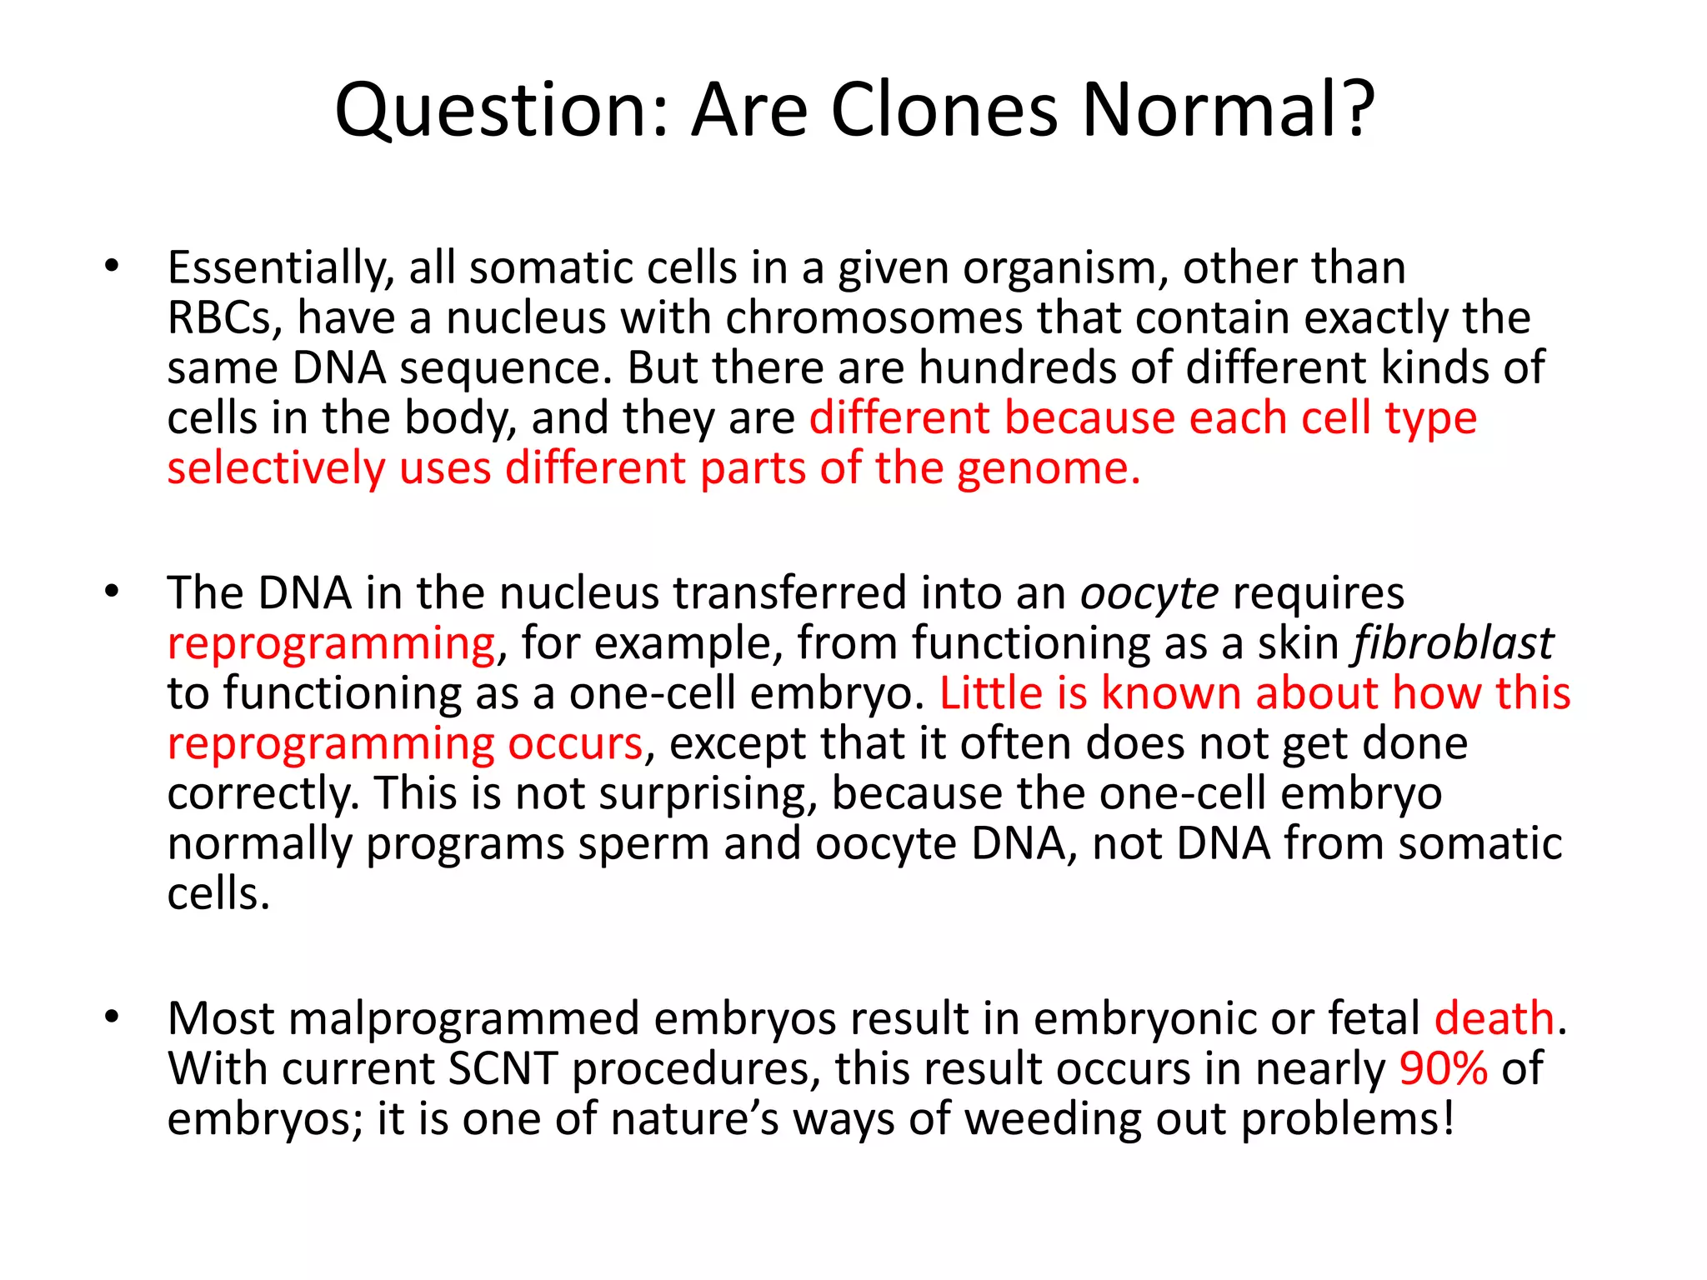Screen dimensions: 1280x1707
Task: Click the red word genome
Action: click(x=1047, y=468)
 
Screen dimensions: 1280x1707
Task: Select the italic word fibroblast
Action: click(x=1453, y=643)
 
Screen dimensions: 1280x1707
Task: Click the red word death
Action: click(x=1494, y=1018)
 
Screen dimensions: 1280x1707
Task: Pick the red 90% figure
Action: click(x=1443, y=1068)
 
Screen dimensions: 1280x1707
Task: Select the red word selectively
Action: click(x=276, y=468)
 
